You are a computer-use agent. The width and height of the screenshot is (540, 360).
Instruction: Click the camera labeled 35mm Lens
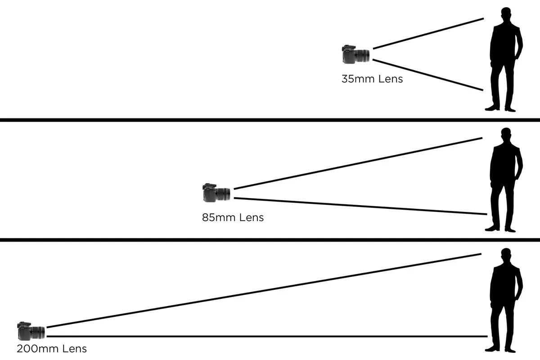(355, 54)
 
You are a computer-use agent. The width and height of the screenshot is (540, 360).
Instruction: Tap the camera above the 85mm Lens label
(216, 193)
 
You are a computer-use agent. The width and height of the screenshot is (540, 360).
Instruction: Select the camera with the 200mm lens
(31, 331)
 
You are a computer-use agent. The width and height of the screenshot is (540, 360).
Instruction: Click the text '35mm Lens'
(372, 79)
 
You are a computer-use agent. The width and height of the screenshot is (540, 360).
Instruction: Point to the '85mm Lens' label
(233, 218)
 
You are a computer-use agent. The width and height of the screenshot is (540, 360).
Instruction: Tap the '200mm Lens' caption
(52, 348)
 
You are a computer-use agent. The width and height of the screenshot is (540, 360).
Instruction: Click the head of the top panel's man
(506, 14)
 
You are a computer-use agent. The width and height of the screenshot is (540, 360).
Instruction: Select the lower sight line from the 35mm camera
(427, 75)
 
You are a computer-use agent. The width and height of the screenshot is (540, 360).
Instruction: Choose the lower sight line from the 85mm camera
(360, 206)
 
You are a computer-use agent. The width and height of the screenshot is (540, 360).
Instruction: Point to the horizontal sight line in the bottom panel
(265, 336)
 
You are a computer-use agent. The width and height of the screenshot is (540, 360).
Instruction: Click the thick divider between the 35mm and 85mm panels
(270, 120)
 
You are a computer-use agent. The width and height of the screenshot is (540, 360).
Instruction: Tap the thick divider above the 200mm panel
(270, 240)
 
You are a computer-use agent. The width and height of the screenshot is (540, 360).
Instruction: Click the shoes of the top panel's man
(500, 108)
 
